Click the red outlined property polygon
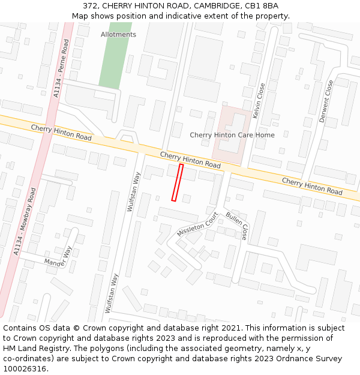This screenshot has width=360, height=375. pos(177,182)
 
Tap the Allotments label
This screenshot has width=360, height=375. pos(118,34)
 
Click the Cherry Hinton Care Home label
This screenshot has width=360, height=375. pos(232,135)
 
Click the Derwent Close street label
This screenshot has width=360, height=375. pos(326,102)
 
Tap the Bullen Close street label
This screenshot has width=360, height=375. pos(236,226)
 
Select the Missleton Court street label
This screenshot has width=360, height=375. pos(197,224)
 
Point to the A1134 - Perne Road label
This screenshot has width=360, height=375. pos(61,68)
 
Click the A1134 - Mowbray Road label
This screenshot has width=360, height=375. pos(25,221)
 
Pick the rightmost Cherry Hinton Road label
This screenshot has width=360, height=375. pos(312,186)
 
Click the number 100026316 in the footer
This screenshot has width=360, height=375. pos(24,369)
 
